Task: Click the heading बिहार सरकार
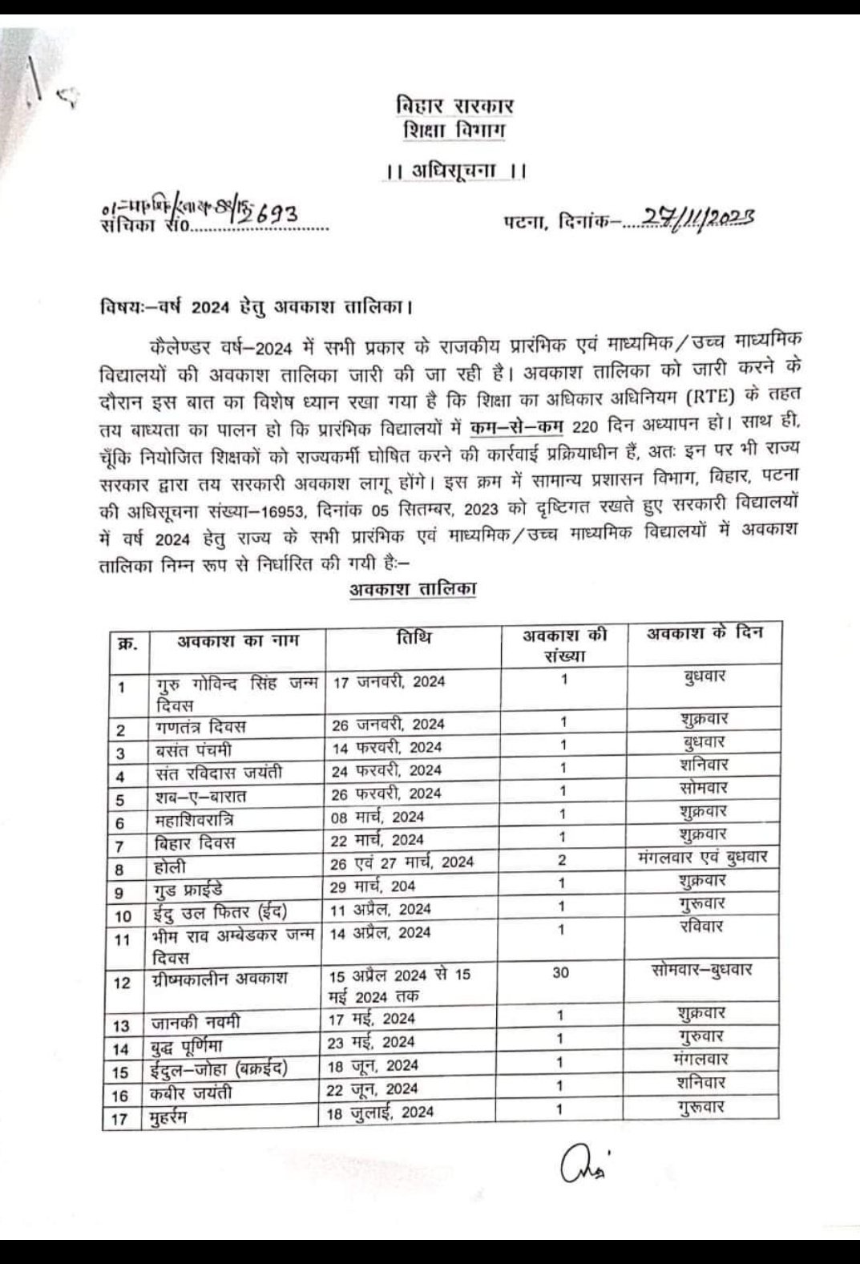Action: point(454,106)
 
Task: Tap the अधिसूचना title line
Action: point(454,171)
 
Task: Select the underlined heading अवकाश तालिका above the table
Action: point(413,589)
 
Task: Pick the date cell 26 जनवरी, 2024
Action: point(389,724)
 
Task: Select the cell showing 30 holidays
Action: point(561,972)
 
